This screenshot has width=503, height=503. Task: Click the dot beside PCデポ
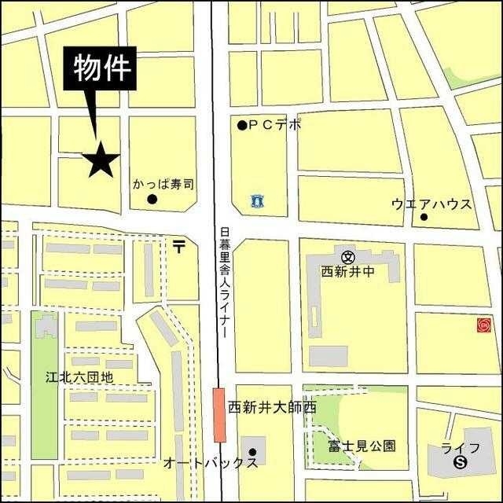point(242,125)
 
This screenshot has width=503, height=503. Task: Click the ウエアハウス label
point(431,204)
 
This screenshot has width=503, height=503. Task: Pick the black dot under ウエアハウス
point(424,217)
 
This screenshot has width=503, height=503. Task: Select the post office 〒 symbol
point(179,247)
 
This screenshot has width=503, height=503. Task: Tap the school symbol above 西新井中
point(348,255)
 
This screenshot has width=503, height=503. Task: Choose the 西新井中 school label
point(348,271)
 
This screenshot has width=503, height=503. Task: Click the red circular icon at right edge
point(483,324)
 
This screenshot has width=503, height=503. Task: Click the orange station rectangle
point(218,414)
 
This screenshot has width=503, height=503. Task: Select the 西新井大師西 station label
point(271,408)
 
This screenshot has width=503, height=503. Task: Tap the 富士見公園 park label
point(362,446)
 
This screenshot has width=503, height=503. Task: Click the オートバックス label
point(210,463)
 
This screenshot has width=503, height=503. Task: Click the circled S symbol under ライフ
point(460,464)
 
